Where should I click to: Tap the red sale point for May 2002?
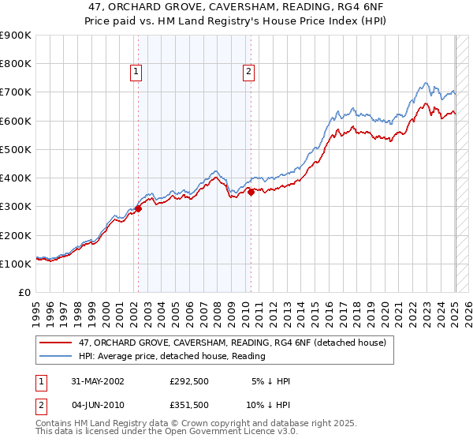coord(138,209)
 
